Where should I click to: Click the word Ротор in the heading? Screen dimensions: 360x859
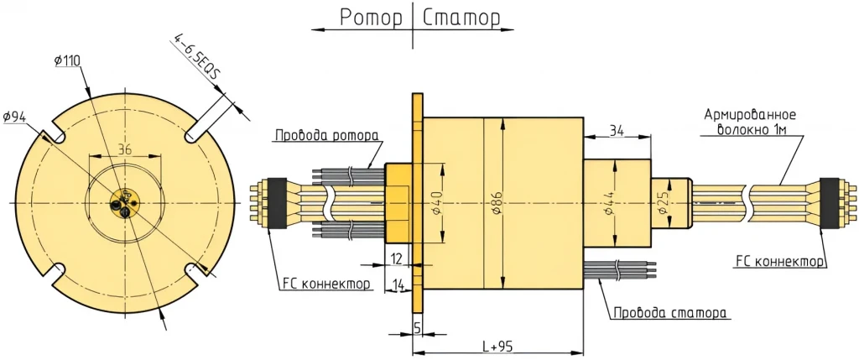371,18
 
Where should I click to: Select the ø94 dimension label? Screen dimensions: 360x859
16,117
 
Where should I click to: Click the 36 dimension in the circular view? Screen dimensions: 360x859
125,149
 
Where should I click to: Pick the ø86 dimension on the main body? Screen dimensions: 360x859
496,201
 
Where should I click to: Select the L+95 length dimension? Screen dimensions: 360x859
499,346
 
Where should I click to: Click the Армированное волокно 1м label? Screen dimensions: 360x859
749,122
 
